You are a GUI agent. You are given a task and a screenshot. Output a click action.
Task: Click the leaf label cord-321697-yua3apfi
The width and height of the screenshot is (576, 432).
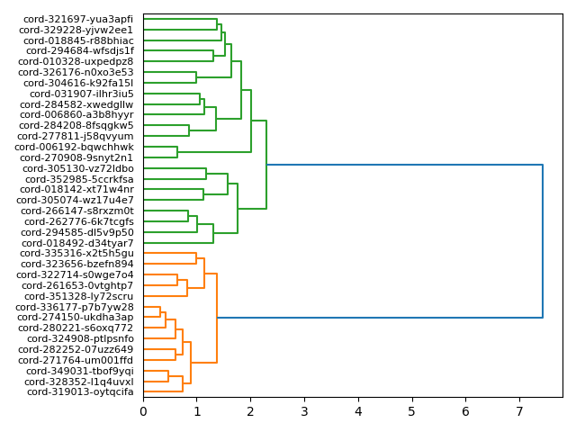78,19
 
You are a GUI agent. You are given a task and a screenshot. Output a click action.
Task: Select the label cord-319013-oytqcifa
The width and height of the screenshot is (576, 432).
80,392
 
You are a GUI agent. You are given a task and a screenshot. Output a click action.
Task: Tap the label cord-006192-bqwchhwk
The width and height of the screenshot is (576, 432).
74,147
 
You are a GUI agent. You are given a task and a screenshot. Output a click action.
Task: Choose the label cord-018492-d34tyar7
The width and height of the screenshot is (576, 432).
77,243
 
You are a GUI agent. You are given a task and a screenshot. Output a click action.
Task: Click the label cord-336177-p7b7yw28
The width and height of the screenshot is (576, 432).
75,307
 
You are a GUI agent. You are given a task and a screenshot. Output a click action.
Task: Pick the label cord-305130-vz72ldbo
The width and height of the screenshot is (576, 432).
78,168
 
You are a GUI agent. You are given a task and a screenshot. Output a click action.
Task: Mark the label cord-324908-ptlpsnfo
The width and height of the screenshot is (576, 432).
80,339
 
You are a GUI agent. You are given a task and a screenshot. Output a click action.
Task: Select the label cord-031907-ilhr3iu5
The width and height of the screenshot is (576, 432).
82,94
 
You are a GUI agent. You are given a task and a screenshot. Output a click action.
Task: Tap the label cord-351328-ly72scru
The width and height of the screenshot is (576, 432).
78,296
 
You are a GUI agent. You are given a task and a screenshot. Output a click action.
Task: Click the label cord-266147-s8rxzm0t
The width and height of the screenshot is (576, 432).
77,211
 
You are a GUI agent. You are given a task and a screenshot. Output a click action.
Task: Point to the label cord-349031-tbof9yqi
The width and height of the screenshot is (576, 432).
79,371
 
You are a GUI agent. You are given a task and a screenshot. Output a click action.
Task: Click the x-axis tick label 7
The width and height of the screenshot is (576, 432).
519,411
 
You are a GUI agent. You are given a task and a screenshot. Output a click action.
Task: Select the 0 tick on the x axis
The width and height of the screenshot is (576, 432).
143,411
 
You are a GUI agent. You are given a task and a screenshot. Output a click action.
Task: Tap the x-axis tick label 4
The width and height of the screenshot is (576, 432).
358,411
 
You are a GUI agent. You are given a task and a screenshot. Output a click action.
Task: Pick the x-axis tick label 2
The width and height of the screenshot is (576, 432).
250,411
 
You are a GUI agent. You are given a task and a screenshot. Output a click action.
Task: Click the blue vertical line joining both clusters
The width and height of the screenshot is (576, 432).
543,241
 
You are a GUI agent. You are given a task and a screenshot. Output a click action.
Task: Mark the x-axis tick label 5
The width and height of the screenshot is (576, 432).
412,411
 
